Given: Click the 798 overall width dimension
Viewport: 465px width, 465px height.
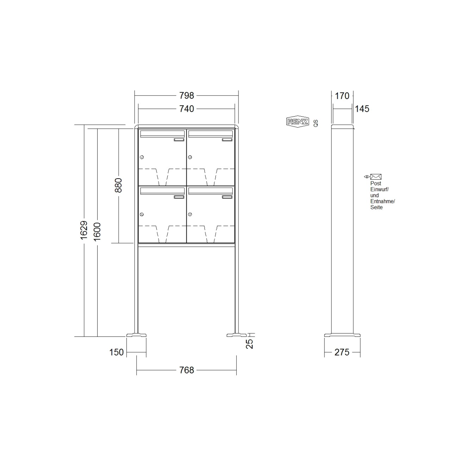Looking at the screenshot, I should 187,95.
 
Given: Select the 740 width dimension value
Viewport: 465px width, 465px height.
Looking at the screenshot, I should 187,109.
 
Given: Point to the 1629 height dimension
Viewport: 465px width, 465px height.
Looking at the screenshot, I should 84,230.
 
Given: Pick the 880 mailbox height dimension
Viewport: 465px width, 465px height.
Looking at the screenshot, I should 118,185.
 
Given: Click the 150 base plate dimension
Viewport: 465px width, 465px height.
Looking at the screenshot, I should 117,352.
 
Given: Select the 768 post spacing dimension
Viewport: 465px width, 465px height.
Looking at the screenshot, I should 187,370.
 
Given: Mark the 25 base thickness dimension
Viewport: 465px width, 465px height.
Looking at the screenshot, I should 249,343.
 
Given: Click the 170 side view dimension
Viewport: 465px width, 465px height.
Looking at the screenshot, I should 342,95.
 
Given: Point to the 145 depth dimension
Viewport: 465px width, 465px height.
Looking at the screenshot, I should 362,109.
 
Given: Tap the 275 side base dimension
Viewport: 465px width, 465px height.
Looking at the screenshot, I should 342,352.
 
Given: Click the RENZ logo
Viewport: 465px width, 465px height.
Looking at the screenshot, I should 298,122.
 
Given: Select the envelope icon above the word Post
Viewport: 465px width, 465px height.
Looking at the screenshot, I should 376,177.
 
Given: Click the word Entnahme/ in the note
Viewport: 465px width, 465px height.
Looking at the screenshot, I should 382,201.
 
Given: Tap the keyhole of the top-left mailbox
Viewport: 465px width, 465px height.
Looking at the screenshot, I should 142,157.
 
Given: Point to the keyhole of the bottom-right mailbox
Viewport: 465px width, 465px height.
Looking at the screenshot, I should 190,214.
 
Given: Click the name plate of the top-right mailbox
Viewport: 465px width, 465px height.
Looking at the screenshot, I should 227,140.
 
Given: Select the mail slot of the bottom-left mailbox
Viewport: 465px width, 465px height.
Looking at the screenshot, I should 162,191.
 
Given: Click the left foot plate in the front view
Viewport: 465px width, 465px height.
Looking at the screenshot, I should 136,335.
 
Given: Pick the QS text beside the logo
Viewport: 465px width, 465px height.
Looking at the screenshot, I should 316,123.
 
